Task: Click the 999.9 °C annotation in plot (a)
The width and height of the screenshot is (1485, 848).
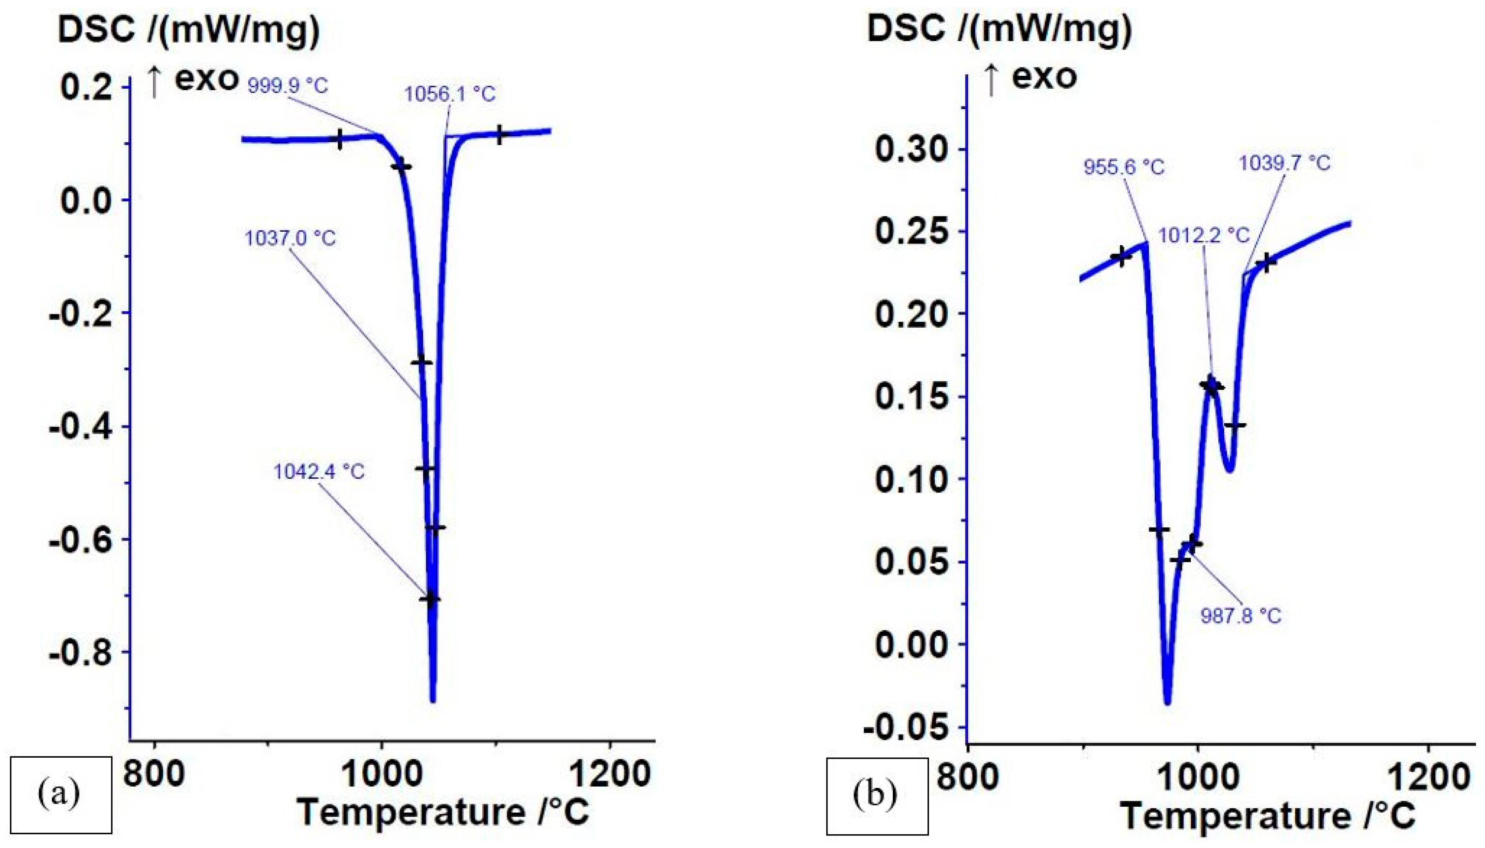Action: pos(287,86)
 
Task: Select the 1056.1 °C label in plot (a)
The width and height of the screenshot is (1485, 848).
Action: pos(450,94)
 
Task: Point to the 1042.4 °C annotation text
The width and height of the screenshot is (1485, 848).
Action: pos(319,471)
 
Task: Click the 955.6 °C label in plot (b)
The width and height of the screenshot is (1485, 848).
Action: pos(1123,167)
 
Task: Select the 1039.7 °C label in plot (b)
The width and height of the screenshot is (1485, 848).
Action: pos(1284,163)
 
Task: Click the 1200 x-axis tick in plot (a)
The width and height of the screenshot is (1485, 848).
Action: pos(610,775)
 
